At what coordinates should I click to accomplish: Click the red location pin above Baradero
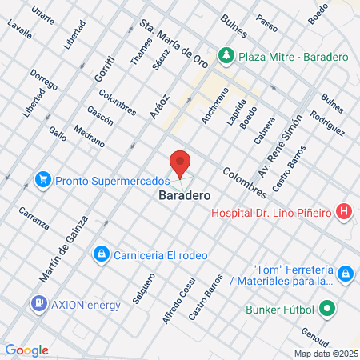click(x=180, y=162)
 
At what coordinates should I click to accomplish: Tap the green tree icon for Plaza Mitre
click(x=226, y=56)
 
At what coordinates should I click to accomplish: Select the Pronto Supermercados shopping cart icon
click(x=44, y=180)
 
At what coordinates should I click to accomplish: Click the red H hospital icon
click(x=343, y=212)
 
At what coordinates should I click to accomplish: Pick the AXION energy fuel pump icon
click(x=38, y=304)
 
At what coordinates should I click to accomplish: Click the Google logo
click(x=26, y=350)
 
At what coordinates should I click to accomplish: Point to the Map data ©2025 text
click(x=326, y=353)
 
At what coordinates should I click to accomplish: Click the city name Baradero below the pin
click(x=184, y=195)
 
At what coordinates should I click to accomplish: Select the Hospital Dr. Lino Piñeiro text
click(x=271, y=212)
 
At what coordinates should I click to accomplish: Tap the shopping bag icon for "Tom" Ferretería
click(x=345, y=274)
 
